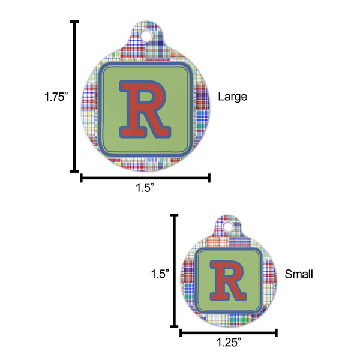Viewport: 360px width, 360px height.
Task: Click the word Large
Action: [232, 96]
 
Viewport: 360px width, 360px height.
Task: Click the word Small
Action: [299, 274]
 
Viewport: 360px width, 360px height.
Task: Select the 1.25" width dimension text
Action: [229, 344]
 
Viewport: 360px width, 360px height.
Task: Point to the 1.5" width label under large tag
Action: [145, 188]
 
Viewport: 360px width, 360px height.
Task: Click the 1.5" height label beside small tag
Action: [158, 274]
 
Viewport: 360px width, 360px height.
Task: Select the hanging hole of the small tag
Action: [228, 226]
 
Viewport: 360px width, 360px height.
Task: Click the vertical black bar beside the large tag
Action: [75, 96]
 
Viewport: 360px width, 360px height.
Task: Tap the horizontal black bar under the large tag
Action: [145, 178]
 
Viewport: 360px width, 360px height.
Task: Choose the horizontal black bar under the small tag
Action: [229, 332]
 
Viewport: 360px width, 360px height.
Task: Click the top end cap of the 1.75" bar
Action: [75, 22]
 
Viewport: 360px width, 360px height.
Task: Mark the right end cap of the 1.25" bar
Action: [277, 332]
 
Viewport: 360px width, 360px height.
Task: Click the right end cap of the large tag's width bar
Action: [209, 178]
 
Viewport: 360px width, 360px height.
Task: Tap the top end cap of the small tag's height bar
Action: [175, 215]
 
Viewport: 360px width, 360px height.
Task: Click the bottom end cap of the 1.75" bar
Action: [75, 171]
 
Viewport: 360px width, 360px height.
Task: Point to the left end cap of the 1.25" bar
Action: [181, 332]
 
